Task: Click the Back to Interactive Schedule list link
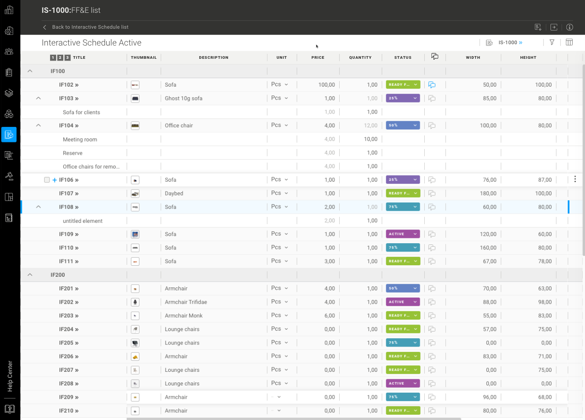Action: [90, 27]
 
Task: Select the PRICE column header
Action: [318, 57]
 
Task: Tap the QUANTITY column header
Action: [360, 57]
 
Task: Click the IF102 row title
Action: [69, 85]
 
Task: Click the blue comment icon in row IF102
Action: [432, 85]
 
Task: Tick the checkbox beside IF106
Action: [47, 180]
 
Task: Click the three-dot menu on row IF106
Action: [575, 179]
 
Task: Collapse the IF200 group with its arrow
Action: [30, 275]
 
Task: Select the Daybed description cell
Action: [174, 194]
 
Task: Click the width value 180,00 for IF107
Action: [488, 194]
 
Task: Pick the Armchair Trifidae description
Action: [186, 302]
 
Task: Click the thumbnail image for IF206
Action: [136, 356]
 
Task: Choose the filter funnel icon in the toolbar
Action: [552, 42]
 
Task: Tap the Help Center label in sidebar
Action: [10, 376]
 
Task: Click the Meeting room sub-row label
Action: [80, 140]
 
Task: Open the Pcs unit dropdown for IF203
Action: [279, 315]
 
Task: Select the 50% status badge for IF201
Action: [403, 288]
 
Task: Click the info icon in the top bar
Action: [570, 27]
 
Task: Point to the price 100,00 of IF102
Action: [326, 85]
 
